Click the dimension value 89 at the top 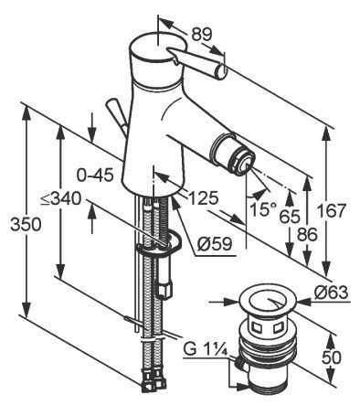point(201,35)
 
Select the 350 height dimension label point(26,225)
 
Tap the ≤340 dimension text point(61,199)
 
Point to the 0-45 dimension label point(95,176)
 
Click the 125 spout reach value point(204,198)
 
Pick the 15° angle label point(263,209)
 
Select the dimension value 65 point(290,218)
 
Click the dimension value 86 point(307,235)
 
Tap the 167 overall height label point(332,211)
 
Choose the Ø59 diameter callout point(215,244)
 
